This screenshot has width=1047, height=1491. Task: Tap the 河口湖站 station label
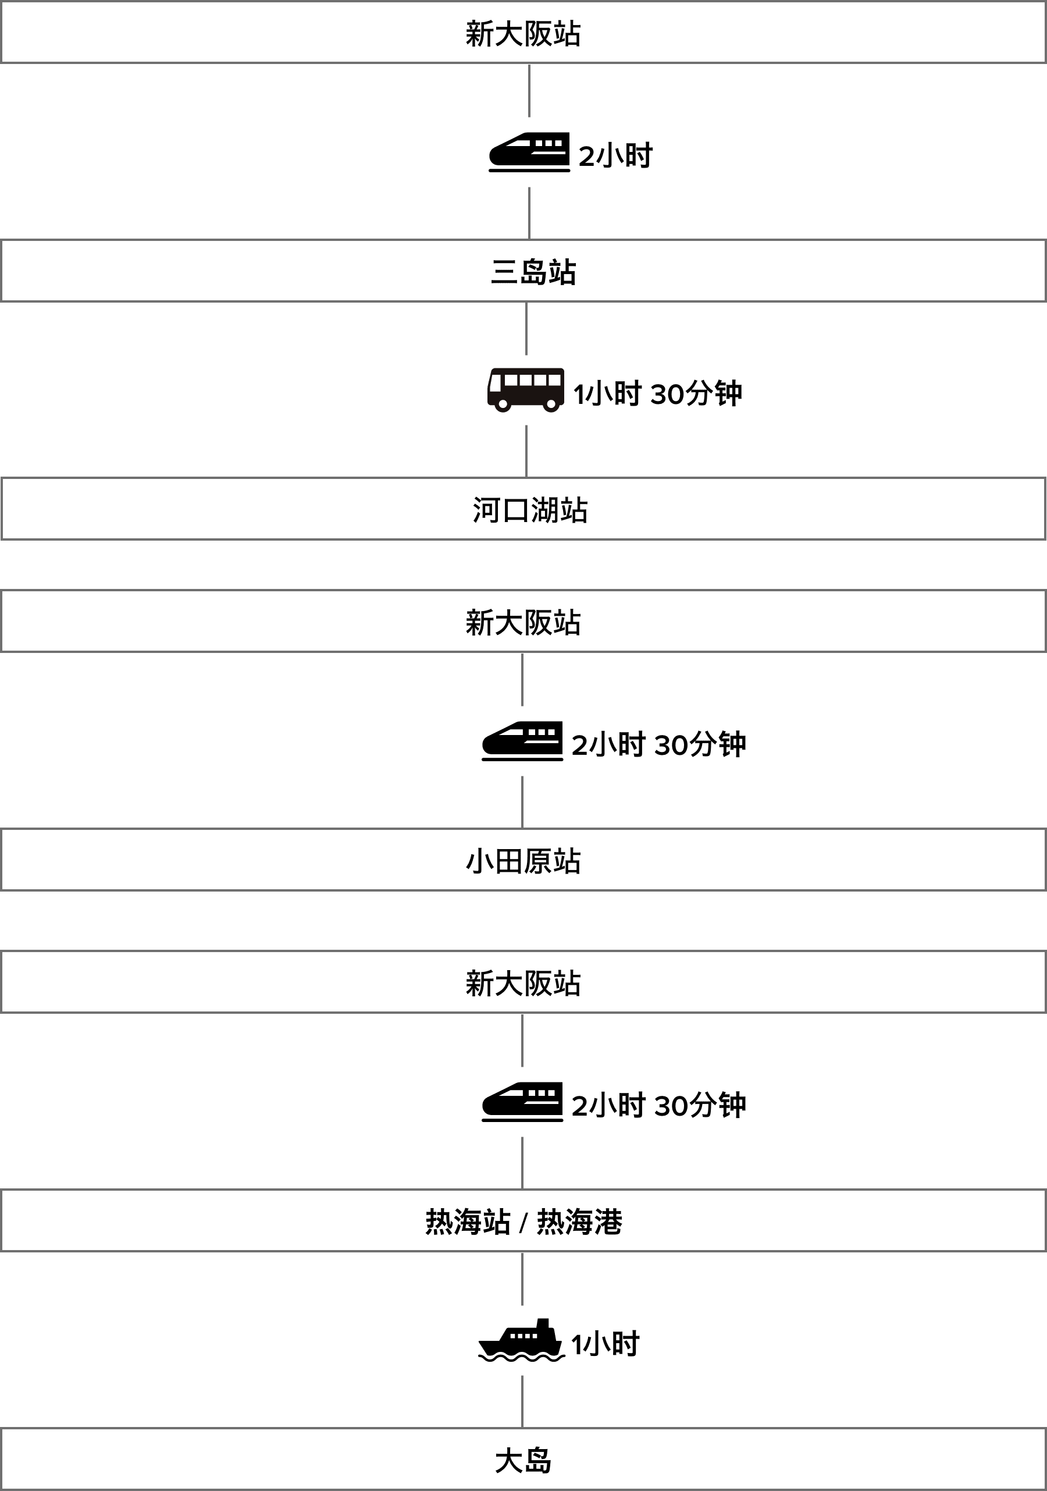pos(530,510)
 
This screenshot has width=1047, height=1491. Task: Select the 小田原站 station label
pos(523,861)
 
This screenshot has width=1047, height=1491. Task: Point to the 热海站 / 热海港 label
pos(523,1222)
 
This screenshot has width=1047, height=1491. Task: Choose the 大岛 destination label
pos(523,1461)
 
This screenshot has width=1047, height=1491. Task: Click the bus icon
pos(525,390)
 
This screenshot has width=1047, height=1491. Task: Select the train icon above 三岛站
pos(529,152)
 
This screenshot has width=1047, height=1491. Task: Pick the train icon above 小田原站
pos(522,741)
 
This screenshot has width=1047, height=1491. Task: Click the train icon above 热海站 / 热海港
pos(522,1102)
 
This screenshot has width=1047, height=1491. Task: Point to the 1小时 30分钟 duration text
pos(657,393)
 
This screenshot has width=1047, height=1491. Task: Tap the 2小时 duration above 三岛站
pos(615,156)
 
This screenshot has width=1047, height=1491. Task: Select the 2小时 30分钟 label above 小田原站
pos(658,744)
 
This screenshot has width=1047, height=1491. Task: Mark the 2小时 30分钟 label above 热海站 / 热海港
pos(658,1105)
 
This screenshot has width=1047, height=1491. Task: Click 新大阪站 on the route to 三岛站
pos(523,33)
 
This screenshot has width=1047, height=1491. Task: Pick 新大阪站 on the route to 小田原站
pos(523,622)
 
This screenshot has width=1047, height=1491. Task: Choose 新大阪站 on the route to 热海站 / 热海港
pos(523,983)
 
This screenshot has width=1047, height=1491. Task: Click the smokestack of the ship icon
pos(543,1324)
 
